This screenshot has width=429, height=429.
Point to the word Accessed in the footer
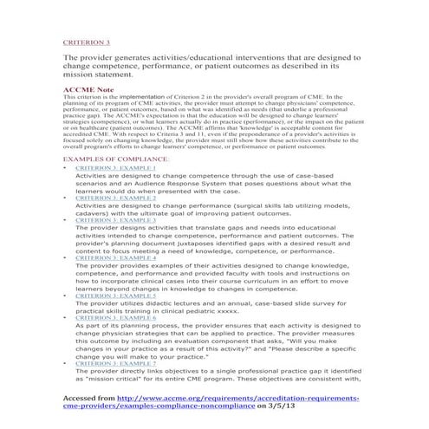[x=86, y=395]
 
